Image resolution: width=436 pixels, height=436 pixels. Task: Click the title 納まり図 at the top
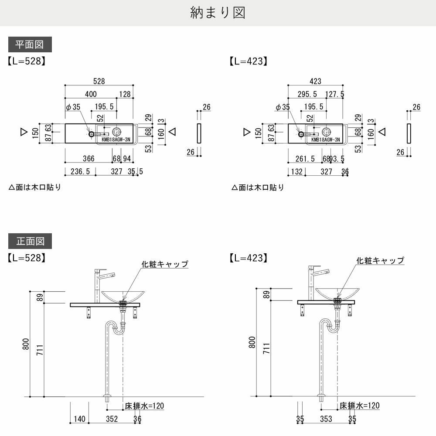click(x=218, y=13)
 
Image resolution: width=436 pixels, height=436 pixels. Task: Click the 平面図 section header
click(x=30, y=44)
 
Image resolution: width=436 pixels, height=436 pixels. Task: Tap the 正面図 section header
click(x=30, y=241)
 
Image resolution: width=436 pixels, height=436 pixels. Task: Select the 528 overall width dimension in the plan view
click(x=99, y=81)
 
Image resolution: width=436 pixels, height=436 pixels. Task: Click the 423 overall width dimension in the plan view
click(x=315, y=81)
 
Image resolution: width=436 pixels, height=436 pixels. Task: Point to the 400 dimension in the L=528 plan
click(x=91, y=94)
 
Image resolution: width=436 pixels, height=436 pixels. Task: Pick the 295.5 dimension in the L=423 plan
click(x=307, y=94)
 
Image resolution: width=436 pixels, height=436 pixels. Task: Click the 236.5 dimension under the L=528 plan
click(x=80, y=171)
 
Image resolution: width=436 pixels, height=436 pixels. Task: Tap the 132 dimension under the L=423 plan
click(x=296, y=171)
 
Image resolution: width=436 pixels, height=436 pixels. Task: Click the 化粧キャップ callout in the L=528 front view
click(x=164, y=264)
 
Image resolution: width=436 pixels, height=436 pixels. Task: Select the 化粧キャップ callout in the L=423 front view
click(x=380, y=260)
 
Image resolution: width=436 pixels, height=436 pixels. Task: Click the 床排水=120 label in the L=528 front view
click(x=144, y=406)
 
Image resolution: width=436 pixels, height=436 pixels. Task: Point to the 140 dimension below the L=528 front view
click(x=79, y=419)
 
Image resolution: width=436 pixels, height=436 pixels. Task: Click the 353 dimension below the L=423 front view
click(x=326, y=419)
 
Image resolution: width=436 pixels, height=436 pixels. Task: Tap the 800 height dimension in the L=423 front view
click(x=252, y=343)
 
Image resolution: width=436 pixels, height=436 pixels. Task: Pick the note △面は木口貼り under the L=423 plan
click(x=258, y=187)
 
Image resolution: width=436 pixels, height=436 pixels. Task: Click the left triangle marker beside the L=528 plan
click(x=24, y=131)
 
